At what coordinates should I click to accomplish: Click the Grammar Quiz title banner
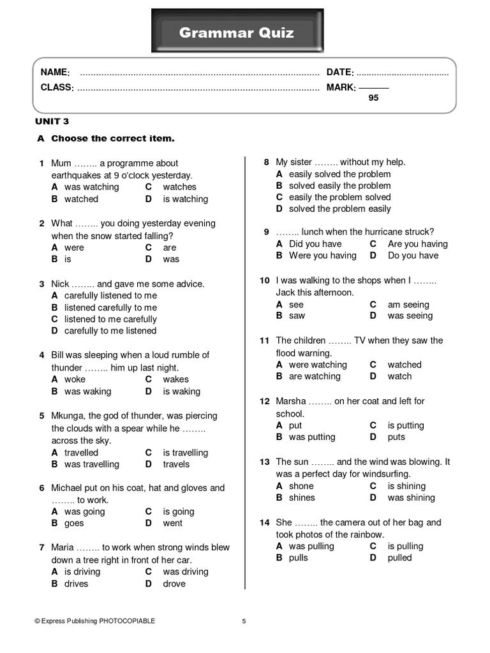coord(237,33)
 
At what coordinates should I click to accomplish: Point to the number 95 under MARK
coord(373,98)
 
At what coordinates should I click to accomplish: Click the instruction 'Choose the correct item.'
coord(112,138)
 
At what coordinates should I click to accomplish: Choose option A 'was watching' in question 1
coord(91,187)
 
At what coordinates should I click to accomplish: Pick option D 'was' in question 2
coord(171,259)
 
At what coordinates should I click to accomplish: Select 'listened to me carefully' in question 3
coord(110,319)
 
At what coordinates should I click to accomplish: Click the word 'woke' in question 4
coord(75,379)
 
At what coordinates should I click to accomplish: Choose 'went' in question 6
coord(172,523)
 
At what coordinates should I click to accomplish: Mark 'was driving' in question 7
coord(185,571)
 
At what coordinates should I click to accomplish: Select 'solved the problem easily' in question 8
coord(339,209)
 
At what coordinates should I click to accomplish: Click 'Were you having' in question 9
coord(322,255)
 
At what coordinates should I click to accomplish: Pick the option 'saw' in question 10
coord(297,316)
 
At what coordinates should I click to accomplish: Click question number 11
coord(264,341)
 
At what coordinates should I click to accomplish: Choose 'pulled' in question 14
coord(399,557)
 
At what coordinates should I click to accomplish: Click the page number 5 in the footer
coord(244,620)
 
